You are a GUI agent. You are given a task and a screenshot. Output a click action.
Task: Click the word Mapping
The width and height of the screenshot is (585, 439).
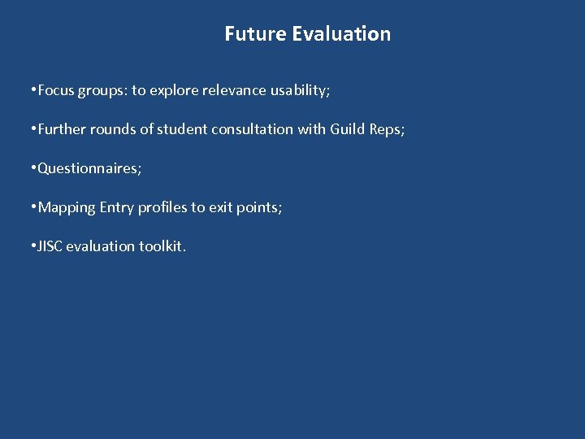[67, 207]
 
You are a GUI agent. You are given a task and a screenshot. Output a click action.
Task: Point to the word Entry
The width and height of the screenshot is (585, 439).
[117, 207]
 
